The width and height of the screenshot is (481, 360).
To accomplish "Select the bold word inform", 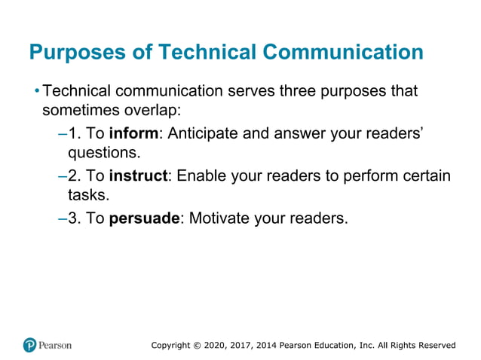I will [x=134, y=134].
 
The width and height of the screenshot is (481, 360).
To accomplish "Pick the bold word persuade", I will [x=145, y=218].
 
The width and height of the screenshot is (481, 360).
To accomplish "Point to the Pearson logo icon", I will [x=30, y=345].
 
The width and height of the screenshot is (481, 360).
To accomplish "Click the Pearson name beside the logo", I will [x=57, y=345].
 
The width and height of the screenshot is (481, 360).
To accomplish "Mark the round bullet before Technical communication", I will [x=36, y=92].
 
